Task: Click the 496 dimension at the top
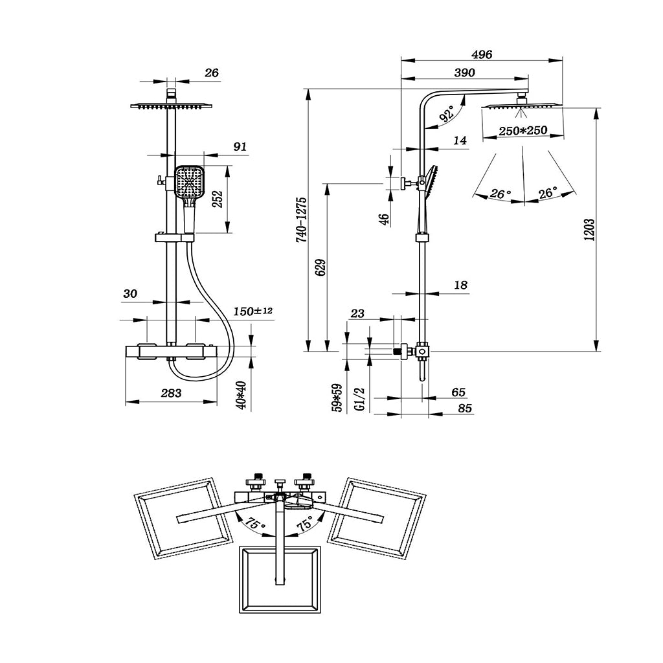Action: (x=481, y=55)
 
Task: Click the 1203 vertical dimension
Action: (x=589, y=230)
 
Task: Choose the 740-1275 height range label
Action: (x=301, y=219)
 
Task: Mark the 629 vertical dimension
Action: (x=319, y=267)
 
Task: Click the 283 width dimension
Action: (x=171, y=393)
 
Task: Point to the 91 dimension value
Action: (x=240, y=147)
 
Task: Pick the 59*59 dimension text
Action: (x=337, y=398)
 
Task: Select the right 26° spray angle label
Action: (x=548, y=193)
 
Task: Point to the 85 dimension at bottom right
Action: (x=464, y=408)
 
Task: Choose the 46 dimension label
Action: (x=384, y=219)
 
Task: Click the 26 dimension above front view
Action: (x=211, y=73)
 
